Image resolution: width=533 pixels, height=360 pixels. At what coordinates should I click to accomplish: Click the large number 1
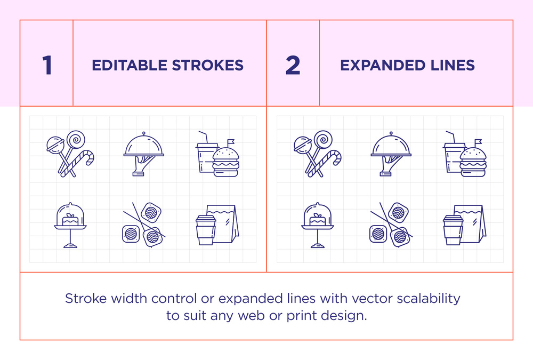[47, 65]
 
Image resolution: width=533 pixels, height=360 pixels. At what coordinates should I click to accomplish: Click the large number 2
[293, 65]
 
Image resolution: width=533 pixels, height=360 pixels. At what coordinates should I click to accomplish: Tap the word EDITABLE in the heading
[129, 65]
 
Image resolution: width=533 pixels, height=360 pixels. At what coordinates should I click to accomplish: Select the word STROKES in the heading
[208, 65]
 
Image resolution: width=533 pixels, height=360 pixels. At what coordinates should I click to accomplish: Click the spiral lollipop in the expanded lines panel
[323, 139]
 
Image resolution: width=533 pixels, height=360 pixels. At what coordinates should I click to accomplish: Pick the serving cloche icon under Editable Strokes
[144, 154]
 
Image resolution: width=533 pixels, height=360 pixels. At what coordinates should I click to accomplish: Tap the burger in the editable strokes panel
[226, 162]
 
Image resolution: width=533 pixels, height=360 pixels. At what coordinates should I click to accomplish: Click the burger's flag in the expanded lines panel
[478, 141]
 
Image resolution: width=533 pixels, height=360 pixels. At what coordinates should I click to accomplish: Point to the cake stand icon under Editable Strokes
[70, 225]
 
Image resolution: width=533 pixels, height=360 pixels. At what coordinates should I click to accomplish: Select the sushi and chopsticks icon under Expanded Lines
[391, 225]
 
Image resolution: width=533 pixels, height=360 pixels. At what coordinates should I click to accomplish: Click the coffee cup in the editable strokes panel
[206, 230]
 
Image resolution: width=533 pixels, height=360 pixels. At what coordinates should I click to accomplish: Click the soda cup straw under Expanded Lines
[451, 137]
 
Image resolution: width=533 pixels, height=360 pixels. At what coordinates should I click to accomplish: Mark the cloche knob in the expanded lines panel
[391, 133]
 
